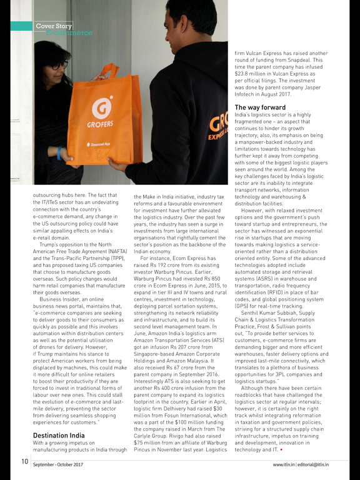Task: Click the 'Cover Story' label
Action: click(54, 26)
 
